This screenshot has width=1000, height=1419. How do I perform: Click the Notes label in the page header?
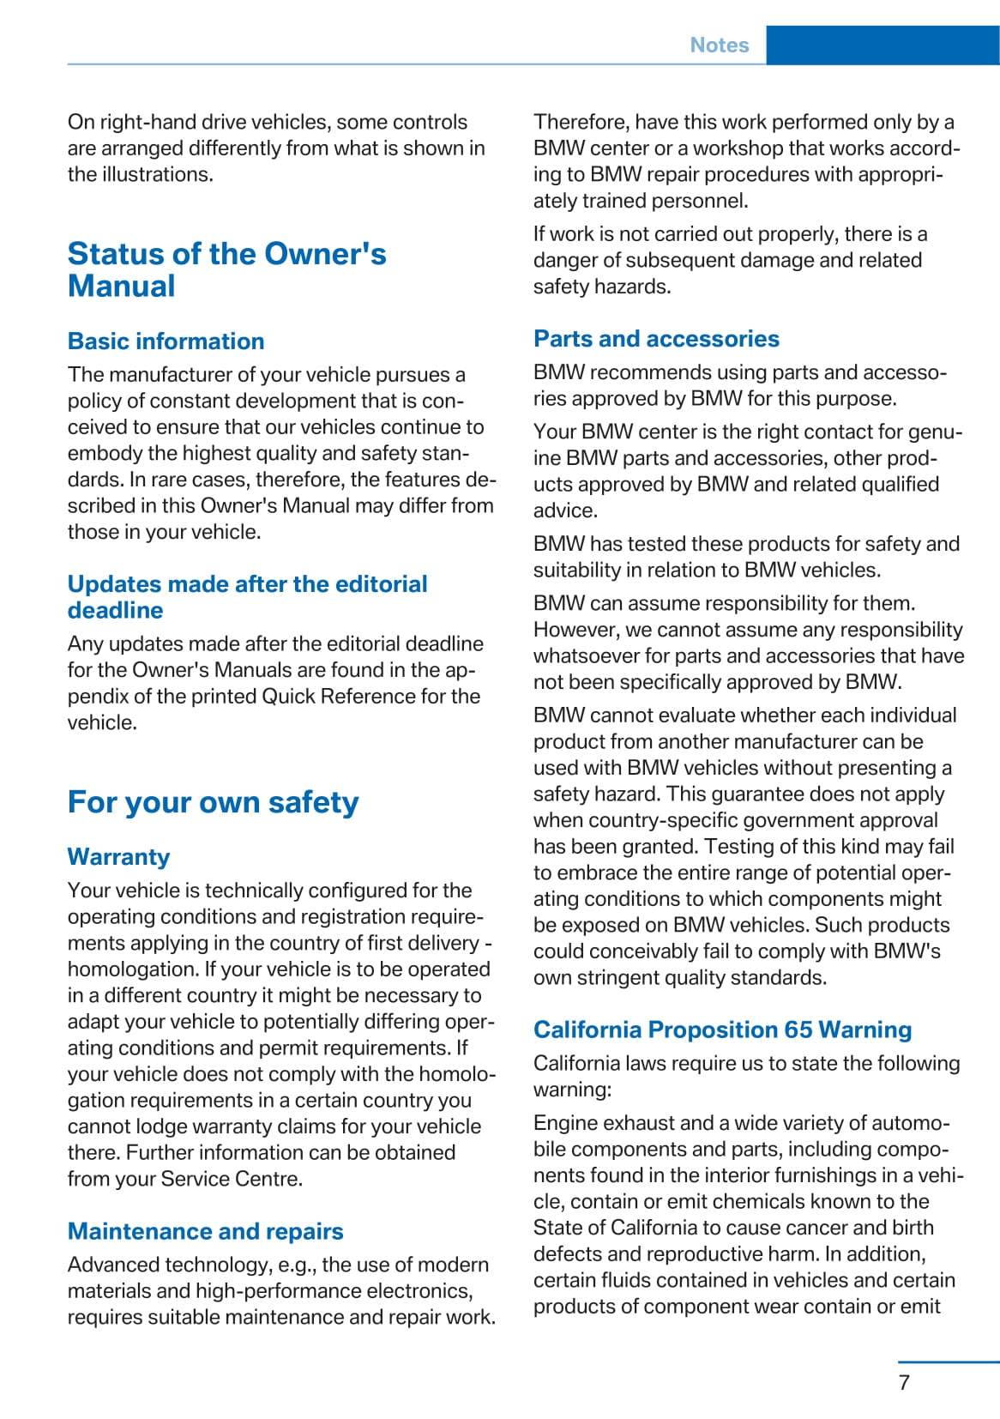pyautogui.click(x=719, y=45)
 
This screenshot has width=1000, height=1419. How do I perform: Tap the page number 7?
pyautogui.click(x=904, y=1382)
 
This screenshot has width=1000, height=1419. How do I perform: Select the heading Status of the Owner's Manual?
pyautogui.click(x=226, y=269)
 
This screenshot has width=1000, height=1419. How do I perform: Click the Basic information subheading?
pyautogui.click(x=166, y=341)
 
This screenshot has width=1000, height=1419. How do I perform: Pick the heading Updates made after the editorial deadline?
pyautogui.click(x=247, y=597)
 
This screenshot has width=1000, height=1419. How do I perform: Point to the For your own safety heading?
pyautogui.click(x=213, y=802)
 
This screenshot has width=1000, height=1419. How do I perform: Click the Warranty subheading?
pyautogui.click(x=118, y=857)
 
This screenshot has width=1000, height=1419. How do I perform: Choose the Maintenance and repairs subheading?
pyautogui.click(x=205, y=1232)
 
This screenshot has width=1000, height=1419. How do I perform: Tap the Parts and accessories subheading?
pyautogui.click(x=656, y=339)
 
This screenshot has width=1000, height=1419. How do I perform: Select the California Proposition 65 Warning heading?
pyautogui.click(x=722, y=1030)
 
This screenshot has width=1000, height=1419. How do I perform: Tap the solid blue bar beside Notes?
pyautogui.click(x=883, y=45)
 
